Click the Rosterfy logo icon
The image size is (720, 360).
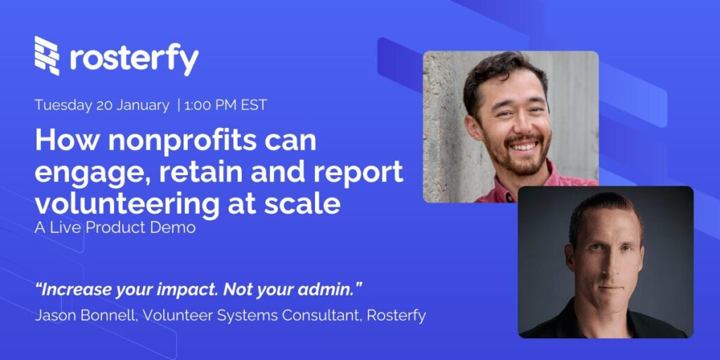point(47,56)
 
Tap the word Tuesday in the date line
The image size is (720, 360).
point(63,105)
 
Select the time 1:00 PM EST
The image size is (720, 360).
point(226,105)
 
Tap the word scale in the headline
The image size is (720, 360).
point(307,203)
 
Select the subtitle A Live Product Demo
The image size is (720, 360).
point(115,229)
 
